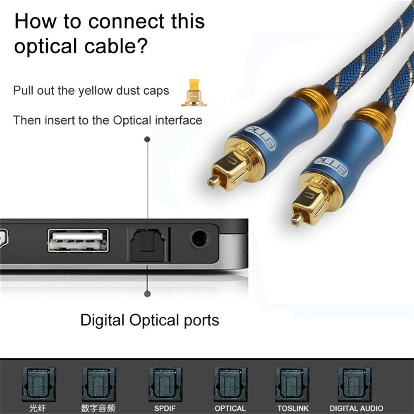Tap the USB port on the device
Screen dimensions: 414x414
78,240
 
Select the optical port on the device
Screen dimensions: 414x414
147,244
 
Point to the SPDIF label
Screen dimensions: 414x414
165,408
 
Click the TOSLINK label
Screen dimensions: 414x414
293,408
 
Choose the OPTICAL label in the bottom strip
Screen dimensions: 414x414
230,408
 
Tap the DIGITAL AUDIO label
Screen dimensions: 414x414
356,408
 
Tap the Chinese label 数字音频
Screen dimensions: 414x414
98,408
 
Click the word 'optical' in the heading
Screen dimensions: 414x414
44,47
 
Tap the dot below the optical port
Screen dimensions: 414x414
147,294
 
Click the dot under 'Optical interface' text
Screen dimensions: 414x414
147,140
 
